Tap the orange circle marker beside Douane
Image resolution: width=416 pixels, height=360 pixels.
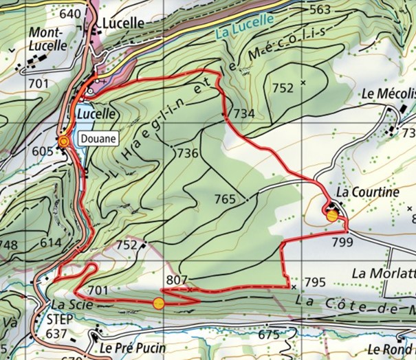(x=63, y=141)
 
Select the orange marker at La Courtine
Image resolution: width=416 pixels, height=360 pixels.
(x=332, y=216)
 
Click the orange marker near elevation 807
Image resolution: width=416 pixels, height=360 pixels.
(x=159, y=303)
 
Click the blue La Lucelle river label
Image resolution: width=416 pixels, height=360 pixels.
(x=244, y=25)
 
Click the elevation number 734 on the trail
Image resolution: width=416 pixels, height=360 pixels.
(x=244, y=113)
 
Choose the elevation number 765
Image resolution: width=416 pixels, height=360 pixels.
(x=225, y=199)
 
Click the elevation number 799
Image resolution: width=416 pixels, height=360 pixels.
(x=341, y=242)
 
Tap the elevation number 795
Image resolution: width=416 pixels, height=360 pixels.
(x=314, y=282)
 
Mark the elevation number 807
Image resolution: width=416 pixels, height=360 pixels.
(x=177, y=280)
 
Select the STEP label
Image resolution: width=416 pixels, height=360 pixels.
(x=60, y=319)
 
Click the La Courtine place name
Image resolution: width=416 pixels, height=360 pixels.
(x=368, y=193)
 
